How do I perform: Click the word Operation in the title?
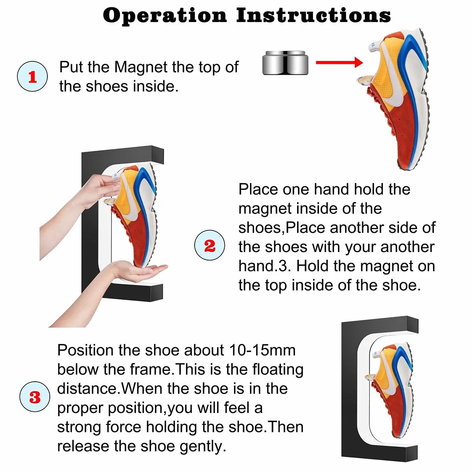coord(165,16)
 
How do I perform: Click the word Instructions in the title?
coord(313,15)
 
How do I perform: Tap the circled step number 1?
coord(32,76)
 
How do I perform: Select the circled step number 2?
coord(210,245)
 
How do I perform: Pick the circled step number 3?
coord(35,397)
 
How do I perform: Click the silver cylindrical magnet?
coord(285,63)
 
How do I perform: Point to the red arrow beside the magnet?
coord(339,62)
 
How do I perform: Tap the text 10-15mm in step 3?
coord(262,350)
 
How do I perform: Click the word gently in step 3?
coord(203,447)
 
